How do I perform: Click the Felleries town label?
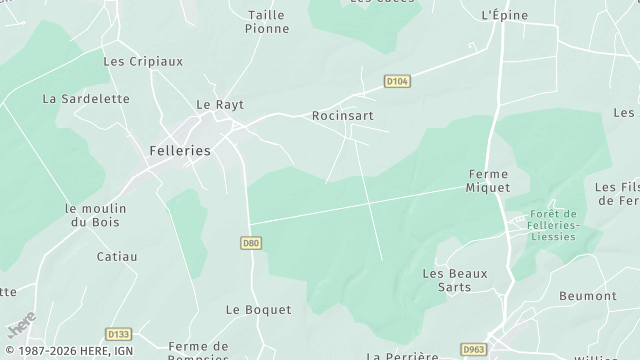coord(180,150)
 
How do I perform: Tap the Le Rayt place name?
coord(220,104)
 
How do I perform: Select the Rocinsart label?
coord(343,115)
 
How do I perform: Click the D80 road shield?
coord(251,242)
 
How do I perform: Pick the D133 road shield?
coord(118,334)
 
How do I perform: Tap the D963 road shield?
coord(473,348)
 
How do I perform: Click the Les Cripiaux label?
coord(143,61)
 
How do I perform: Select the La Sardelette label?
coord(72,99)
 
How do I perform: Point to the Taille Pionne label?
coord(266,22)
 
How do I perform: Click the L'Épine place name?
coord(503,15)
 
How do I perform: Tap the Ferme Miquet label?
coord(489,181)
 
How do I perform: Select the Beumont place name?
coord(588,296)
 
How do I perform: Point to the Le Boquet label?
coord(258,310)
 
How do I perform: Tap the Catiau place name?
coord(117,257)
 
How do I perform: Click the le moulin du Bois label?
coord(95,215)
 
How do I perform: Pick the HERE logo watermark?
coord(20,325)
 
